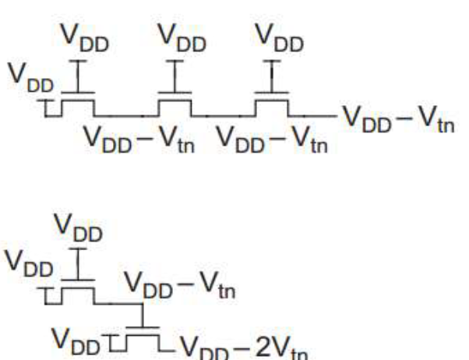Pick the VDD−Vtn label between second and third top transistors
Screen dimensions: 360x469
pyautogui.click(x=272, y=139)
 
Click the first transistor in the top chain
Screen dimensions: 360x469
pyautogui.click(x=79, y=104)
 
